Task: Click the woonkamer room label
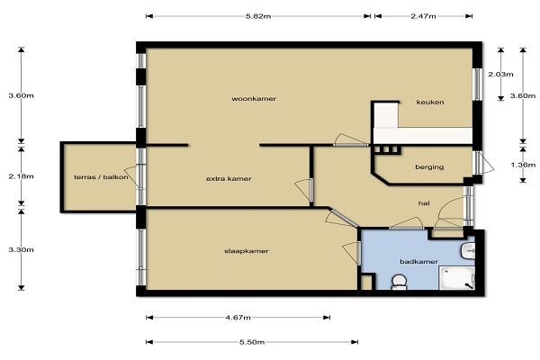tap(254, 99)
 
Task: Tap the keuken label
tap(430, 103)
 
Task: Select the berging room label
tap(429, 167)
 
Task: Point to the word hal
tap(424, 203)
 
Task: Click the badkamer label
tap(418, 262)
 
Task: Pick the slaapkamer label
tap(247, 251)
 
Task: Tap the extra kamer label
tap(229, 179)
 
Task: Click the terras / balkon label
tap(101, 177)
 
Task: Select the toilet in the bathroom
tap(399, 282)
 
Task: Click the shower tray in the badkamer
tap(456, 278)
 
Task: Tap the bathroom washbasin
tap(468, 251)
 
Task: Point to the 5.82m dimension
tap(258, 16)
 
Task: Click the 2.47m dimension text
tap(423, 16)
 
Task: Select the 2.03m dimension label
tap(500, 75)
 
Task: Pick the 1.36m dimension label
tap(523, 165)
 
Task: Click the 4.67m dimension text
tap(238, 318)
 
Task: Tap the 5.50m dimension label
tap(252, 342)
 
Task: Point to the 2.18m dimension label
tap(21, 176)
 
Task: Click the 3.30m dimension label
tap(21, 250)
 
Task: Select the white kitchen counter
tap(422, 135)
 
